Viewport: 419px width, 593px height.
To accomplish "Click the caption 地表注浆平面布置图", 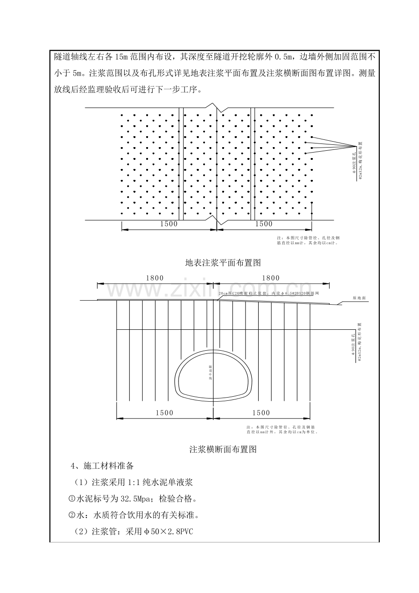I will [223, 263].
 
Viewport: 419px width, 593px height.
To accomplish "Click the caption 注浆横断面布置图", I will [223, 450].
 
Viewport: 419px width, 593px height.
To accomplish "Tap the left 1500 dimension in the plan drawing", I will [169, 224].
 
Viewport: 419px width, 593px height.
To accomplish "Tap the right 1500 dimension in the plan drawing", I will [264, 224].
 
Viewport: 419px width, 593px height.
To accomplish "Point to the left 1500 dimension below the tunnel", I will [164, 413].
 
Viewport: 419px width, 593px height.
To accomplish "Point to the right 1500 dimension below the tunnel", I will [261, 413].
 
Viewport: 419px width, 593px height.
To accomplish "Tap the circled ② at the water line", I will [71, 515].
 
